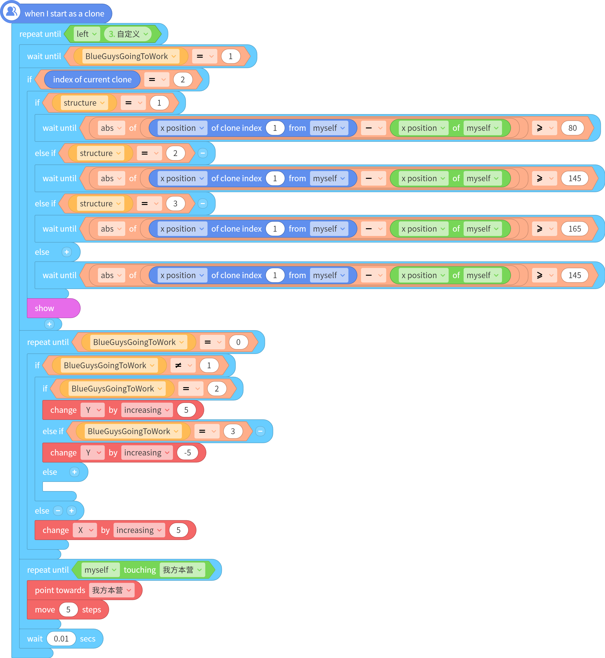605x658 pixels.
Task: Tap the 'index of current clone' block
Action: [92, 80]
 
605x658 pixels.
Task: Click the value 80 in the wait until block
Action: [572, 128]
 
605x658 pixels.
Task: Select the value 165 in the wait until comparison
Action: [574, 229]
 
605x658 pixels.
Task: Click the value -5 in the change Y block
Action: [188, 453]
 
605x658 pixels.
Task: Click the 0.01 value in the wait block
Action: [61, 639]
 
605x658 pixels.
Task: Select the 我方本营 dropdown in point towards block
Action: [112, 590]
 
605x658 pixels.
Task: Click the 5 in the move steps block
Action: [69, 610]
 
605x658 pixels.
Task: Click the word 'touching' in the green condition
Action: [140, 570]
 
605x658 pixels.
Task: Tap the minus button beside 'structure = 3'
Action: [203, 204]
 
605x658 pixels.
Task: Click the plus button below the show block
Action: [49, 324]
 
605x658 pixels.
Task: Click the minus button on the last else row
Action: [58, 511]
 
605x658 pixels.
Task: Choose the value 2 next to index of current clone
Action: [183, 80]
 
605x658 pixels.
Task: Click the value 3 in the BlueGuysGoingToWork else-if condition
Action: [233, 431]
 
